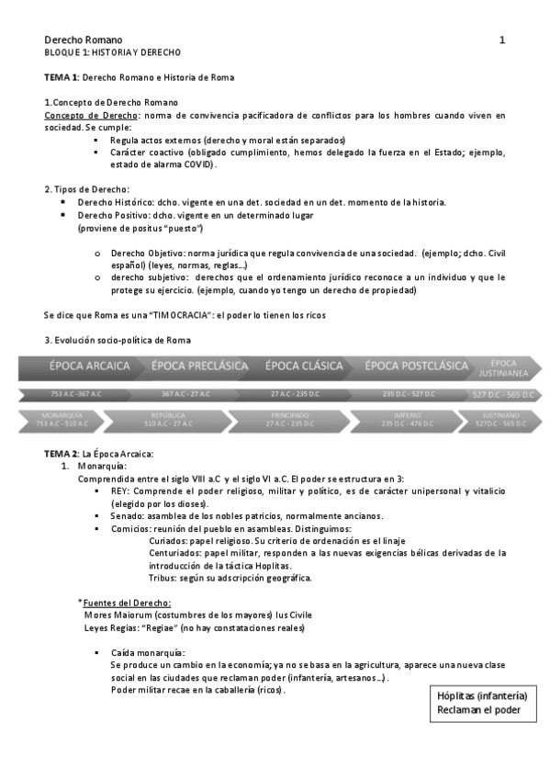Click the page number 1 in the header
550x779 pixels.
click(502, 40)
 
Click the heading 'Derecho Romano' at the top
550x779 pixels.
click(78, 40)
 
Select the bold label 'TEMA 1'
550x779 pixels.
click(62, 77)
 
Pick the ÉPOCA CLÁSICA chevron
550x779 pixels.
click(304, 366)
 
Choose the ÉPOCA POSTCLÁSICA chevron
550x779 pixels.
click(416, 366)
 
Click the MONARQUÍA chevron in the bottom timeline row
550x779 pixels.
click(62, 420)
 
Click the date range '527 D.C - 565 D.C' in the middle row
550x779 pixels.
click(504, 394)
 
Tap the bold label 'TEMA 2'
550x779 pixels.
click(62, 455)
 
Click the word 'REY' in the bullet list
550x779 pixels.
click(118, 491)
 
